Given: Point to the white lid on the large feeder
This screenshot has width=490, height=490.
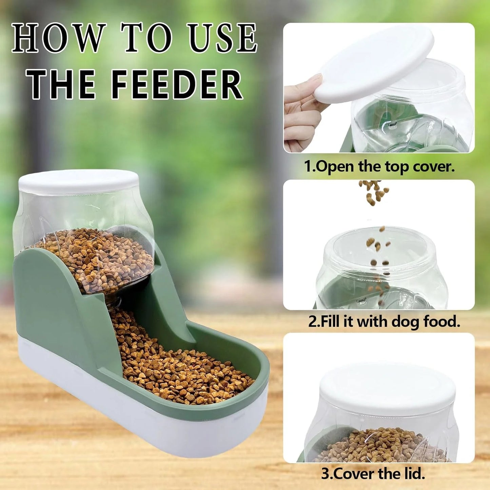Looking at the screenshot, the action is pos(78,181).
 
